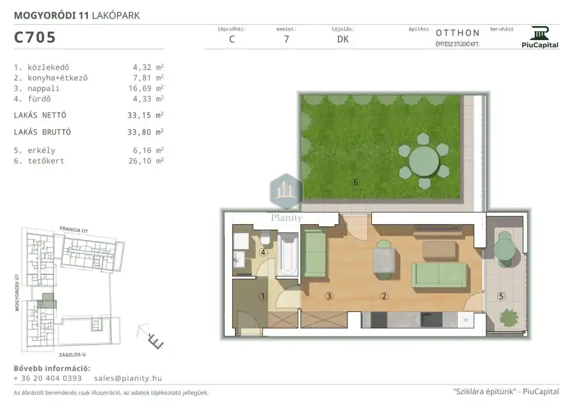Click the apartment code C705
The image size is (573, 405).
[x=35, y=38]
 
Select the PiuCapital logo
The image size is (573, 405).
[x=540, y=38]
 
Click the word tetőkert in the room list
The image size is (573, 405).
[x=46, y=161]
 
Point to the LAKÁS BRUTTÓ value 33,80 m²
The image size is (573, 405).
[x=145, y=132]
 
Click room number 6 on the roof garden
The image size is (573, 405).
[x=356, y=181]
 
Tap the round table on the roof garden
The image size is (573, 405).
[x=424, y=161]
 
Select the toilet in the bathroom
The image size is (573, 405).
[x=265, y=238]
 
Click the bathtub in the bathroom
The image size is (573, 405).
[x=288, y=255]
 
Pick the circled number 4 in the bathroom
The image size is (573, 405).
[x=262, y=252]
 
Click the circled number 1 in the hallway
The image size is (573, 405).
[x=262, y=296]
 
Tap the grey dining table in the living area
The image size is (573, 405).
[x=384, y=260]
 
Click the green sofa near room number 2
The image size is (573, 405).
[x=439, y=275]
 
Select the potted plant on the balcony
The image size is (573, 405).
[x=509, y=318]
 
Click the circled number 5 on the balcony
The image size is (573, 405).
[x=501, y=297]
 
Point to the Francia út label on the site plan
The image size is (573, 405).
[x=74, y=229]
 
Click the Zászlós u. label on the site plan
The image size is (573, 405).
[x=73, y=355]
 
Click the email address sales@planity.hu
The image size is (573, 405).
[x=128, y=378]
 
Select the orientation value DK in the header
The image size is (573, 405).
[x=343, y=39]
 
